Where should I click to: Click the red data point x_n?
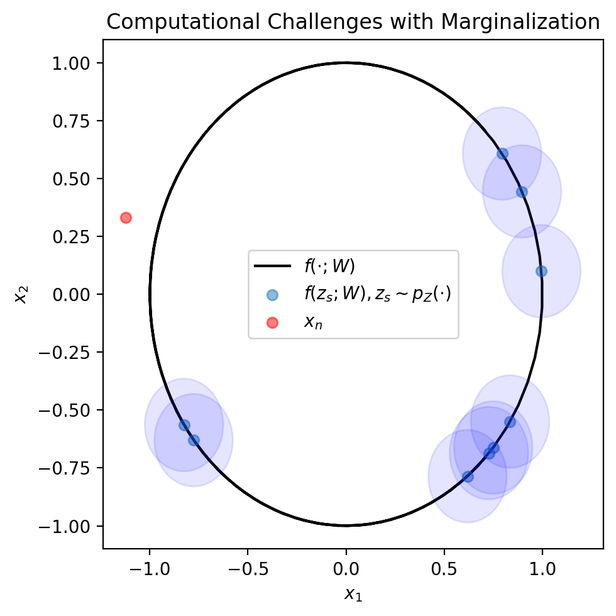pyautogui.click(x=126, y=217)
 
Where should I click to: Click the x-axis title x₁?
pyautogui.click(x=353, y=593)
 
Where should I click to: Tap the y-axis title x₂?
pyautogui.click(x=21, y=294)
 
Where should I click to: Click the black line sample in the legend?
pyautogui.click(x=272, y=267)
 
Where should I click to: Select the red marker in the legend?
pyautogui.click(x=272, y=322)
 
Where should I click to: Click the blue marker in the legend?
pyautogui.click(x=272, y=294)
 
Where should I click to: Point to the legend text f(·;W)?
pyautogui.click(x=329, y=267)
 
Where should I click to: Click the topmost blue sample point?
pyautogui.click(x=502, y=153)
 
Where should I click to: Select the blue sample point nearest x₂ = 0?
pyautogui.click(x=541, y=271)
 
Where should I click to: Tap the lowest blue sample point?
pyautogui.click(x=468, y=476)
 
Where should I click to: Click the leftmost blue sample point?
pyautogui.click(x=184, y=425)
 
